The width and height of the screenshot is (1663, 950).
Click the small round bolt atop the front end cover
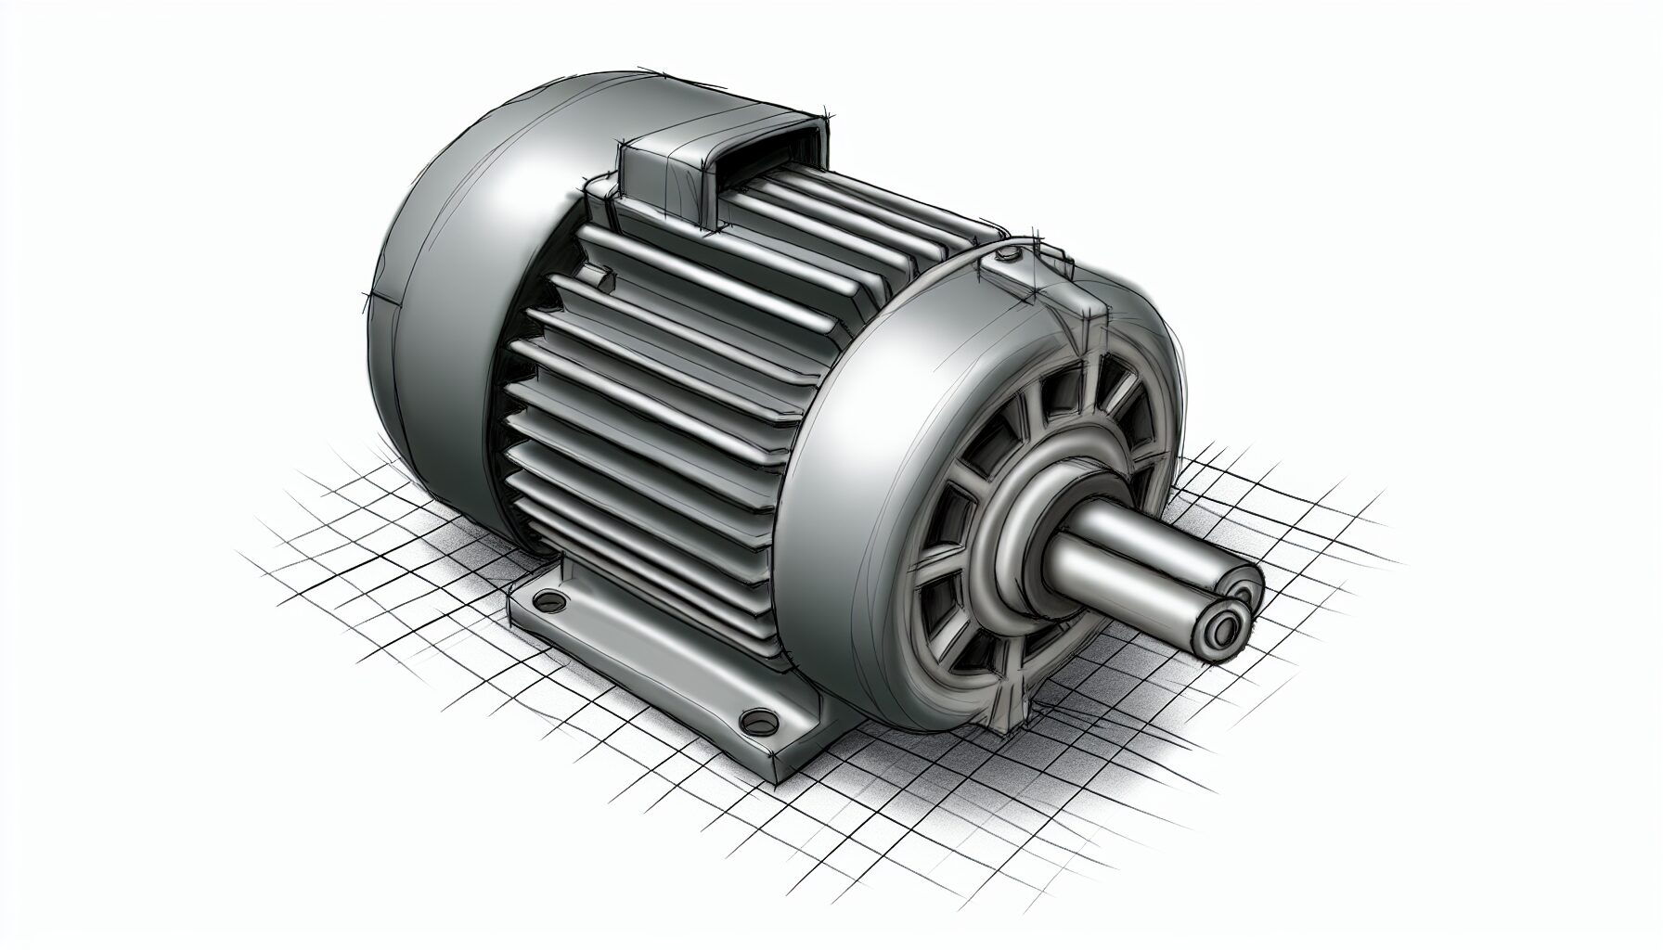[x=1008, y=252]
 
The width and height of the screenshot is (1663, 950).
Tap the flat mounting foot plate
[x=650, y=668]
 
